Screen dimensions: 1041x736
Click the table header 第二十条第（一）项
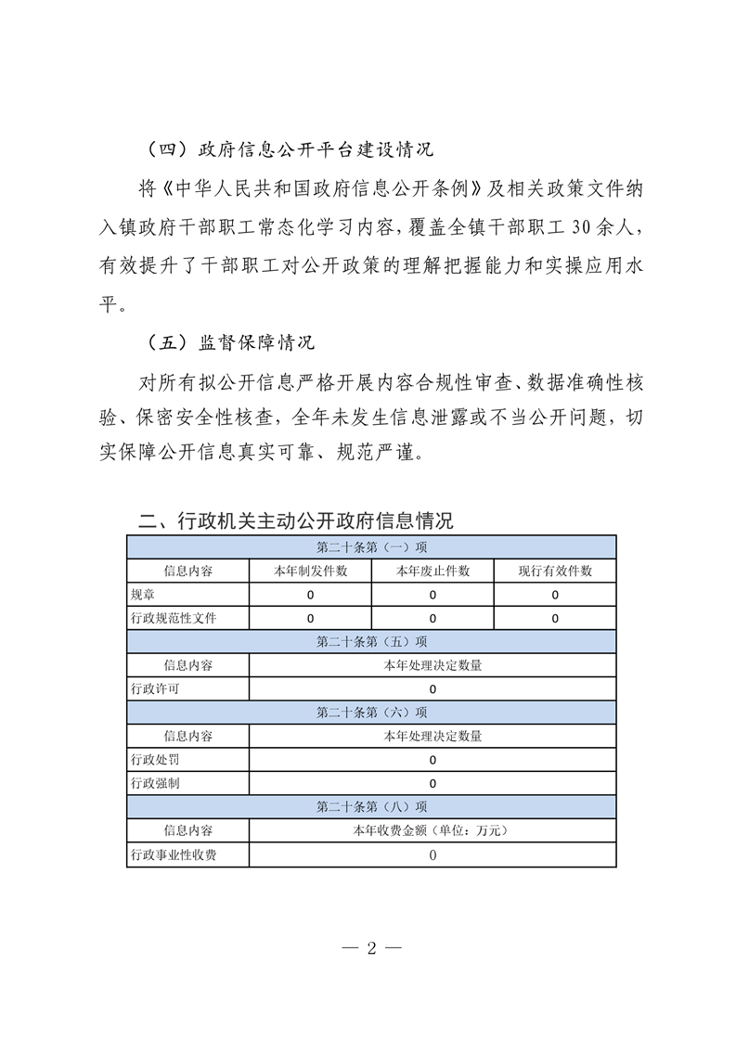point(371,546)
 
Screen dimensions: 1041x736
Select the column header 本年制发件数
point(310,571)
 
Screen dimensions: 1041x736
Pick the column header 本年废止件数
point(433,571)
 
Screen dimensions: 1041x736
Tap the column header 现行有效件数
point(555,571)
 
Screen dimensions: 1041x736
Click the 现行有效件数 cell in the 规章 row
point(555,595)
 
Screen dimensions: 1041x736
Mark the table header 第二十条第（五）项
point(371,641)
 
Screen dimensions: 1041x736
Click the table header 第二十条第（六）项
point(371,713)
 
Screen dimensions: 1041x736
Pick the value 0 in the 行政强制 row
point(433,783)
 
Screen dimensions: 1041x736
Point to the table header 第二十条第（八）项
point(371,807)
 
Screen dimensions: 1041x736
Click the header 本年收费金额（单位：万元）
point(433,830)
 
